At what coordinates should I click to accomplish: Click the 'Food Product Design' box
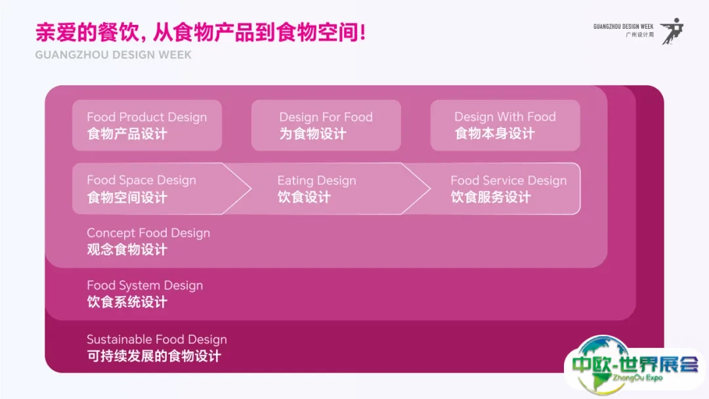click(146, 125)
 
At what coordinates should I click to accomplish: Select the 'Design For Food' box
click(326, 125)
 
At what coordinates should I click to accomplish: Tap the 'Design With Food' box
click(505, 125)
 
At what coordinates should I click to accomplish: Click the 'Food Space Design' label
click(141, 180)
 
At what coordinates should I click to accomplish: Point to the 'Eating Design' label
click(316, 180)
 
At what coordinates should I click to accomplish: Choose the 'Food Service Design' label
click(508, 180)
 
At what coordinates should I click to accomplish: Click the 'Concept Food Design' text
click(148, 233)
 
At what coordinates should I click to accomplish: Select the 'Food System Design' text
click(144, 285)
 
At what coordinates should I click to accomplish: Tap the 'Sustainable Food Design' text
click(156, 340)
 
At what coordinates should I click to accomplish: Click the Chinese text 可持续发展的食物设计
click(154, 356)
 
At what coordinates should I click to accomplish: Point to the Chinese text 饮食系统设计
click(127, 303)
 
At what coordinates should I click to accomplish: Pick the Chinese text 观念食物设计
click(127, 250)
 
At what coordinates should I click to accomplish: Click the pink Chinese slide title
click(200, 33)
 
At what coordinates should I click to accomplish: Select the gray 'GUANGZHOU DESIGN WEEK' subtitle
click(114, 55)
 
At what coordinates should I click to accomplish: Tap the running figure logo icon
click(671, 30)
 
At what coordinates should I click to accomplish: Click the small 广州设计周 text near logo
click(640, 35)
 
